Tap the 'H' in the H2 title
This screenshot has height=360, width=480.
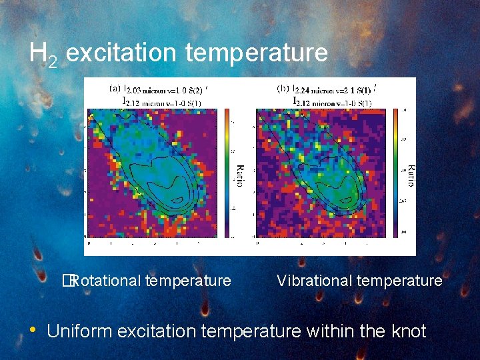pos(37,53)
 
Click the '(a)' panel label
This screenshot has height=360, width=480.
pos(115,87)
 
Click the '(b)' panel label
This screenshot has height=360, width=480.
pos(283,87)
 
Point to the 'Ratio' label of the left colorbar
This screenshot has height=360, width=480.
pos(240,175)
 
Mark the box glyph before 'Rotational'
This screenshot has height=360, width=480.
pos(67,281)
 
